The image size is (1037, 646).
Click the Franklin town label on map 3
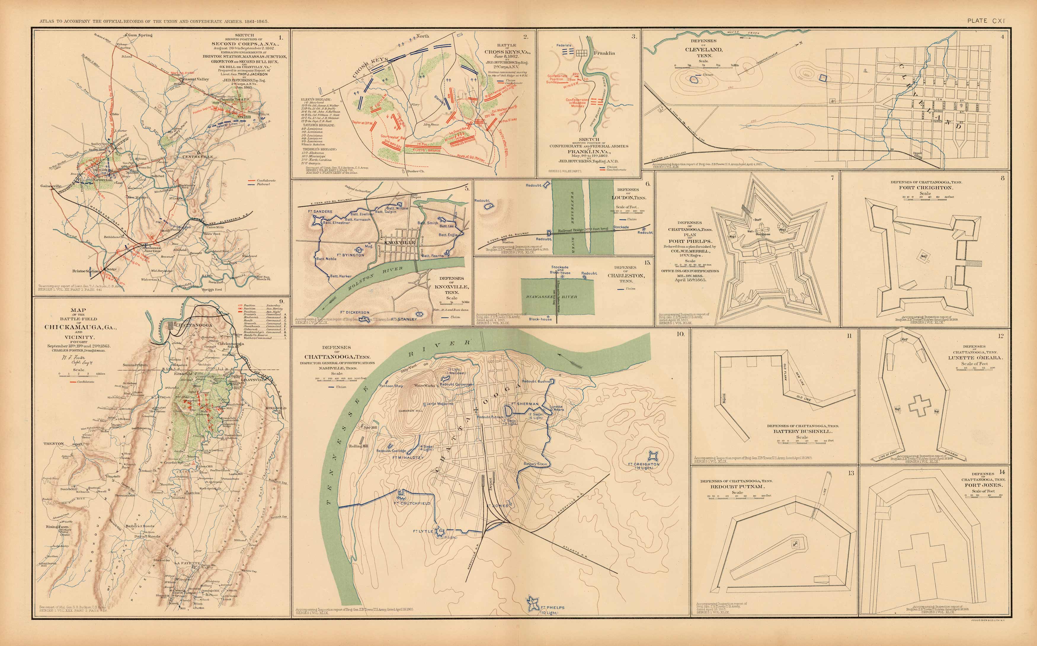pos(604,53)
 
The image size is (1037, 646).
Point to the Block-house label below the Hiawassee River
pos(540,319)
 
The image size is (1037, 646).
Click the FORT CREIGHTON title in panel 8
pos(925,187)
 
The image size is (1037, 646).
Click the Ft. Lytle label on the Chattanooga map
pos(423,531)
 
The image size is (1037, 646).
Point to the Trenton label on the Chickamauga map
pos(53,443)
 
